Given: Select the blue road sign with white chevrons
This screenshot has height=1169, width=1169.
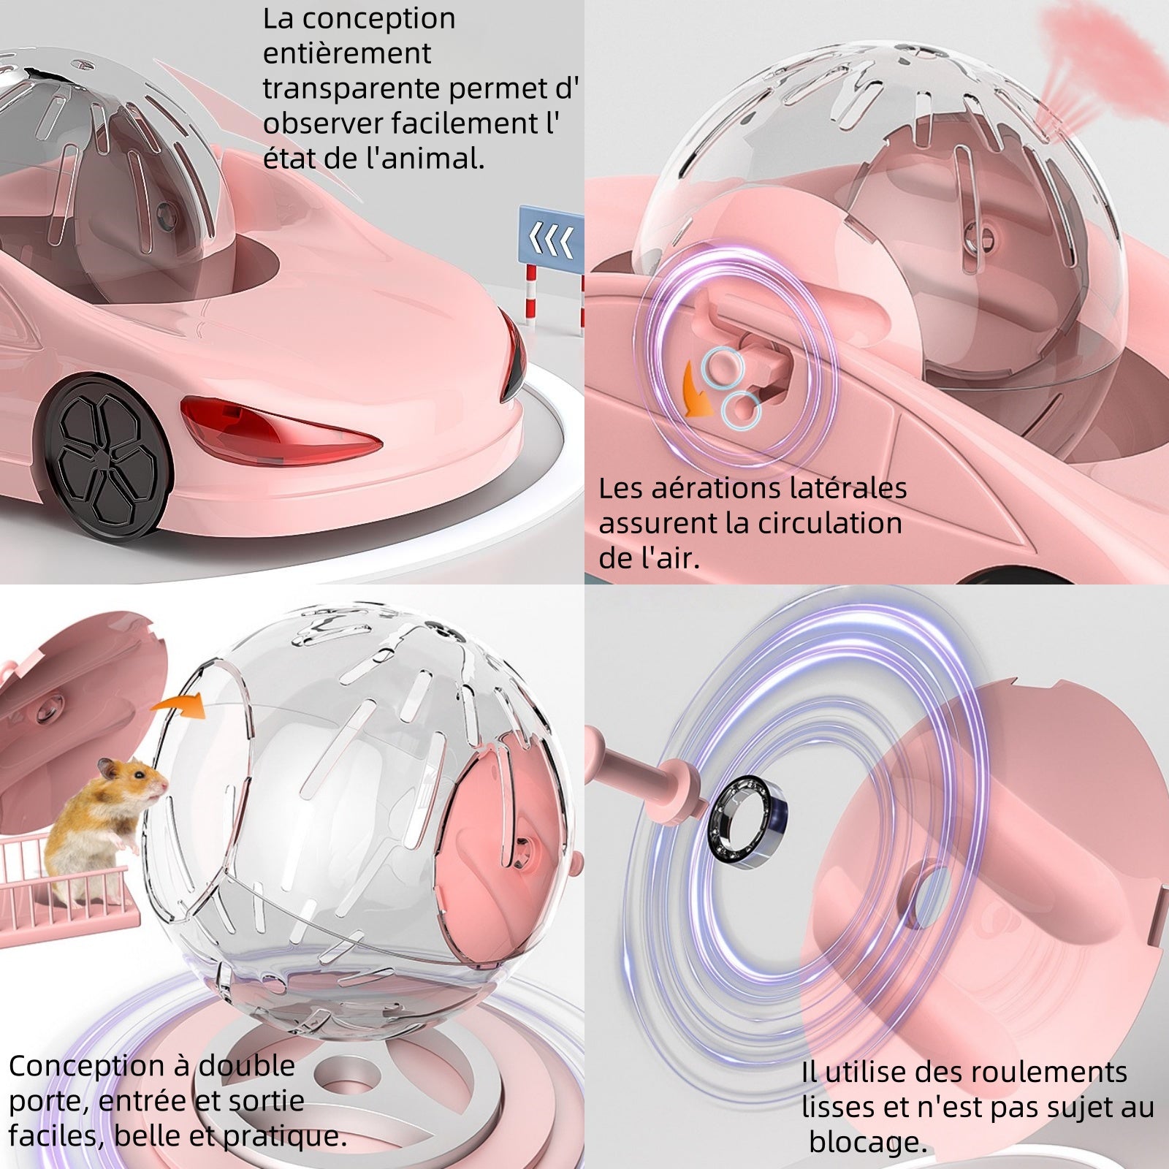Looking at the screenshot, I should click(551, 237).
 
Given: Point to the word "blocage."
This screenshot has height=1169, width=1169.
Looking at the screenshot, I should click(867, 1142).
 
